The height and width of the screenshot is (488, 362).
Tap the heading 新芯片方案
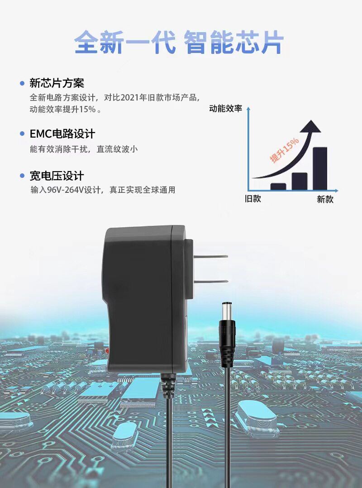[57, 83]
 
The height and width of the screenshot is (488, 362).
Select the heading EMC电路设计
[62, 134]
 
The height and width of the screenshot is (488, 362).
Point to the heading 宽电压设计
[57, 176]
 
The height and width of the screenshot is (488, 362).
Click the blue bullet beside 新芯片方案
[22, 83]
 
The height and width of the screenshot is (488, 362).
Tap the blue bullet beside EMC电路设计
[22, 134]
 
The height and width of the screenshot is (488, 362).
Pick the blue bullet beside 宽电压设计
[22, 176]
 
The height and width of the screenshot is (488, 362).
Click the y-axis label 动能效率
[225, 109]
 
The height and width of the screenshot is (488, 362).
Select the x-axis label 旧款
[253, 199]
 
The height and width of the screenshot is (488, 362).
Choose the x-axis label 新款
[325, 199]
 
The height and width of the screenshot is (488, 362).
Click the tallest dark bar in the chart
[320, 168]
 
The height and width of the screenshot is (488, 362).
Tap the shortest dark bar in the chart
[278, 186]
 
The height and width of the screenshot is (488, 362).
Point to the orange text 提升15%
[284, 150]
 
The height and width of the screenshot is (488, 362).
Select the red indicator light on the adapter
[107, 351]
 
